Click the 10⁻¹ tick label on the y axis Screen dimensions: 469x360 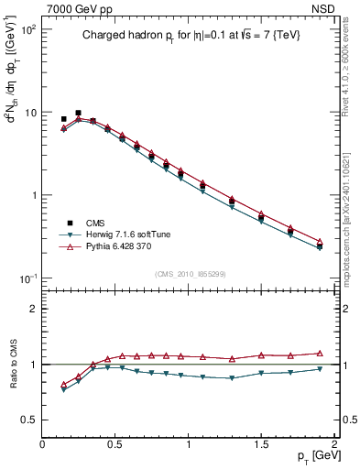(27, 278)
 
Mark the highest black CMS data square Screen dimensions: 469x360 (78, 113)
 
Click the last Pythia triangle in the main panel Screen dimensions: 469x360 (319, 242)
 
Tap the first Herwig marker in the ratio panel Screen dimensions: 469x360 (63, 389)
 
